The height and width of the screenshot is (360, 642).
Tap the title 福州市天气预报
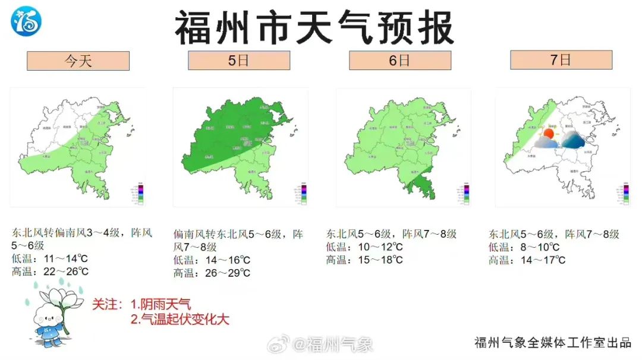(x=314, y=28)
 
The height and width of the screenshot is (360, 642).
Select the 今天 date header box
(x=78, y=61)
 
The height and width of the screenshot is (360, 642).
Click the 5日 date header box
(x=239, y=60)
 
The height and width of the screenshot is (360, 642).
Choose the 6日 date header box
(x=399, y=60)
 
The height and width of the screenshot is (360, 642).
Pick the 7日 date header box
(x=561, y=59)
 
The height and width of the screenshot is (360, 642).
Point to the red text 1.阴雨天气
(x=160, y=305)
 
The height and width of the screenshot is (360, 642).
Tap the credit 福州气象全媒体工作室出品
(x=552, y=343)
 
